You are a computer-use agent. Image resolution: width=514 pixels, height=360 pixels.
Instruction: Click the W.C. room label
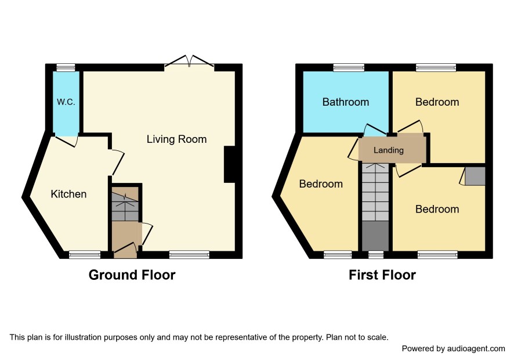pos(66,102)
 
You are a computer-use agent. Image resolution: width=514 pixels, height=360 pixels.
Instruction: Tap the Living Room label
pos(176,139)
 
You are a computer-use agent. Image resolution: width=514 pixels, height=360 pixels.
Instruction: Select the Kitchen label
pos(68,194)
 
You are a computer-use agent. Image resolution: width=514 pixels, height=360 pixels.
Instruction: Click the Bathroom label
pos(346,102)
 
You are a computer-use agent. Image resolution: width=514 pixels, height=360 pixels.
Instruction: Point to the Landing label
pos(389,150)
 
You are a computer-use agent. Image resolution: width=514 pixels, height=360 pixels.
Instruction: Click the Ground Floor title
pos(132,275)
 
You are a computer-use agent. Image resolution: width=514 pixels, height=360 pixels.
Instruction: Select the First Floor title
pos(382,275)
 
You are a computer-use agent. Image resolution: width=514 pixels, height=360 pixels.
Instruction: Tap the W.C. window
pos(66,67)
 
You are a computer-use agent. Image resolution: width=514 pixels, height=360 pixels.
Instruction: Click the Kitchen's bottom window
pos(85,255)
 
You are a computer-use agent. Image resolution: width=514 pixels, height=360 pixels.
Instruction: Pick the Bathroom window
pos(349,67)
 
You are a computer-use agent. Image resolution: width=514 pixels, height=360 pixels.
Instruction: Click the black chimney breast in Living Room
pos(230,164)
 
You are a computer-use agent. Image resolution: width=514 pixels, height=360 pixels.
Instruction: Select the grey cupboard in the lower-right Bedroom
pos(475,177)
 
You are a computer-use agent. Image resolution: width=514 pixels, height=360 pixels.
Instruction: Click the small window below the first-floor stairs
pos(376,255)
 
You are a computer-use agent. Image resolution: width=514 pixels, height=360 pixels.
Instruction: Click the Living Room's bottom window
pos(190,255)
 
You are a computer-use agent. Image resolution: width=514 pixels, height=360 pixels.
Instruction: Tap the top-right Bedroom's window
pos(436,67)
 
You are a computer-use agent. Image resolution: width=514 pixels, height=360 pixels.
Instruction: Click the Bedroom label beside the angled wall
pos(321,183)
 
